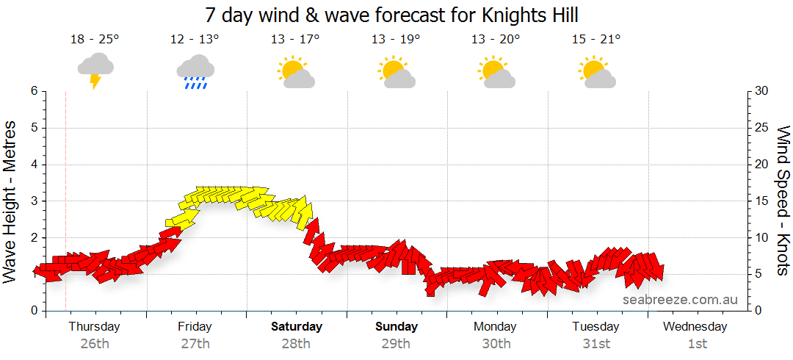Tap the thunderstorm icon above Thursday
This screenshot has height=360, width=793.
95,70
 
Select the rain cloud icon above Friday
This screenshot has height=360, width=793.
195,71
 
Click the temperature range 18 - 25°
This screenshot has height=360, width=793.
95,40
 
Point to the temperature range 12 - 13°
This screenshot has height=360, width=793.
195,40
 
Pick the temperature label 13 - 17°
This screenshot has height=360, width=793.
295,40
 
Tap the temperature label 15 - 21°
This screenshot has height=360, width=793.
596,40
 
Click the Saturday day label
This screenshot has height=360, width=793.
297,326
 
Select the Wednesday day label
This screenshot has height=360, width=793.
695,326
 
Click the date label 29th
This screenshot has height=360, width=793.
396,343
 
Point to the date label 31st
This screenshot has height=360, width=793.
596,343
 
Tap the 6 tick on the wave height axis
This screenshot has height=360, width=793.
33,91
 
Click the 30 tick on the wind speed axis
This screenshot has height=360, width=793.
763,91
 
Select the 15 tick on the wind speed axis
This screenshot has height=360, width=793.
762,201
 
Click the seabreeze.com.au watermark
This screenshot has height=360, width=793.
680,300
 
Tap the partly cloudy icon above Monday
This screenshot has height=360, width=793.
496,71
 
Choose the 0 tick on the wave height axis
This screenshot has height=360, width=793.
33,311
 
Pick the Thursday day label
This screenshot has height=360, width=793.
95,326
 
